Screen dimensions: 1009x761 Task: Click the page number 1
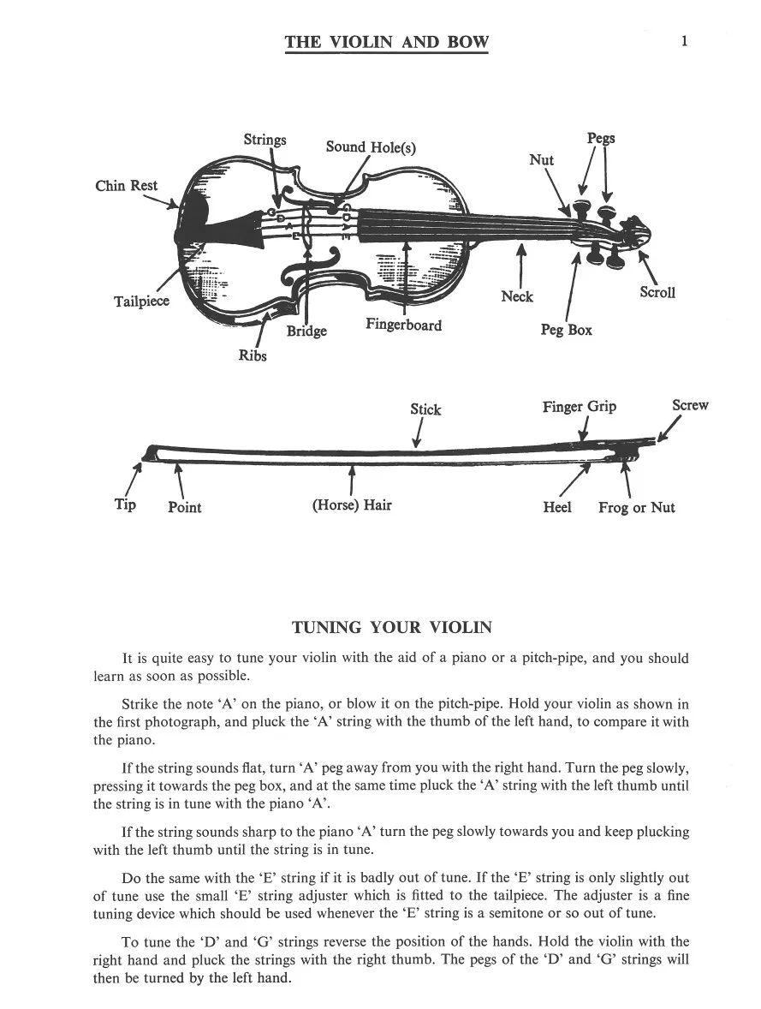click(x=685, y=40)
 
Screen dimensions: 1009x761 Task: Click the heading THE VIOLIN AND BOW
click(x=387, y=42)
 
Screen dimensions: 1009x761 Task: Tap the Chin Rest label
click(x=127, y=185)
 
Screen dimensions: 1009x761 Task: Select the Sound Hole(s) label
click(x=371, y=146)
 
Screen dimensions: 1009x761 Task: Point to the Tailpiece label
click(x=141, y=302)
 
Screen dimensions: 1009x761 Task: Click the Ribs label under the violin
click(x=253, y=355)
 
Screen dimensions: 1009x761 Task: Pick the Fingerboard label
click(x=403, y=325)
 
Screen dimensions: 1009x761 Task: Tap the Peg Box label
click(x=566, y=330)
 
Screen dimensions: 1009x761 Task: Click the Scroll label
click(x=657, y=292)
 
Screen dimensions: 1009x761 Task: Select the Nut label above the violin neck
click(x=541, y=160)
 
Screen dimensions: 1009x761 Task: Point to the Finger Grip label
click(x=579, y=407)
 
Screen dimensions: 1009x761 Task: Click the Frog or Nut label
click(x=636, y=507)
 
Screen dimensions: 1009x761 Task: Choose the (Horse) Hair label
click(x=352, y=504)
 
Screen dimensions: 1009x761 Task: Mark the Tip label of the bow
click(x=125, y=504)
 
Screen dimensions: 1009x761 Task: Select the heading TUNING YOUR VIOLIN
click(x=392, y=628)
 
